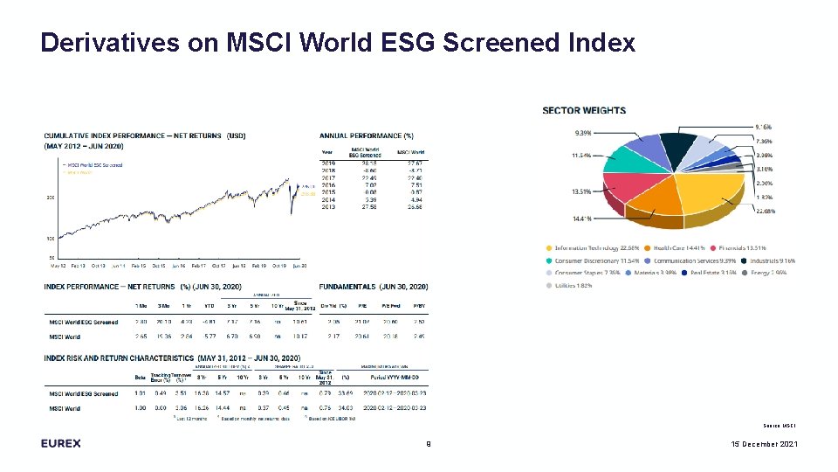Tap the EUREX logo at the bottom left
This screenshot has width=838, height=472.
click(60, 443)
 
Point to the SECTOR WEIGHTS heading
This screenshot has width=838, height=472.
click(584, 111)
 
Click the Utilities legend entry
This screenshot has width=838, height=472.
click(574, 285)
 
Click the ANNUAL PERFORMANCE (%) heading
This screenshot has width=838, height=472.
click(367, 135)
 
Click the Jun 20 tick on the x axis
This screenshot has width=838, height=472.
click(299, 265)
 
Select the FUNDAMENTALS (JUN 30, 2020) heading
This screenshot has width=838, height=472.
click(374, 287)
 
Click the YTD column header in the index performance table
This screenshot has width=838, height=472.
click(209, 304)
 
